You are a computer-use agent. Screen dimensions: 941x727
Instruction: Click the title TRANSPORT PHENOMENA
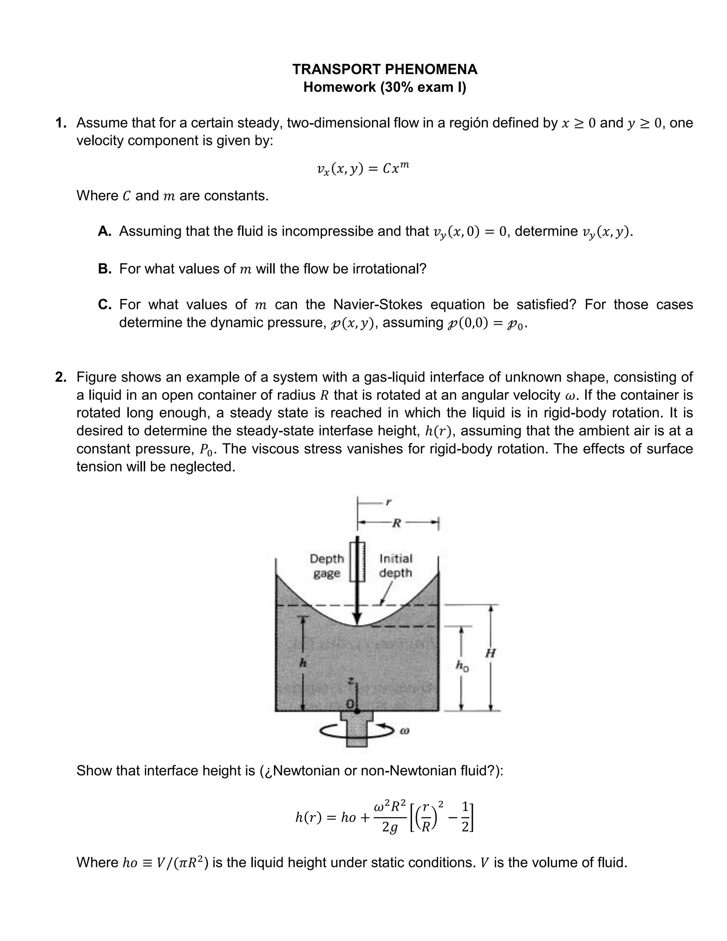point(384,69)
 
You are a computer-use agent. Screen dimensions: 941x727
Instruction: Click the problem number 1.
point(60,123)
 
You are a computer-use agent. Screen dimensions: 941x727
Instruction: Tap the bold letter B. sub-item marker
point(105,269)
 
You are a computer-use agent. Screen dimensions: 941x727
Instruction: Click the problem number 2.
point(60,377)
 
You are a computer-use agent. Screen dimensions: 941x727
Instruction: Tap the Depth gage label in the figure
point(327,566)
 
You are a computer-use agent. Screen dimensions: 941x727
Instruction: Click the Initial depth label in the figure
point(395,565)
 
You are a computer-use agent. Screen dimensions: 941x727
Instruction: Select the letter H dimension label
point(490,653)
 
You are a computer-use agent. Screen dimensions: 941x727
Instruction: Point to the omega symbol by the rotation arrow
point(404,731)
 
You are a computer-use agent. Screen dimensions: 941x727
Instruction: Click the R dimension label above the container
point(397,523)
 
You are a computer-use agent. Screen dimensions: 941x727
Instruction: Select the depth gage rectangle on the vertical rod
point(357,561)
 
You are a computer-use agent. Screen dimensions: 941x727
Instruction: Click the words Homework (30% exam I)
point(384,87)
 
